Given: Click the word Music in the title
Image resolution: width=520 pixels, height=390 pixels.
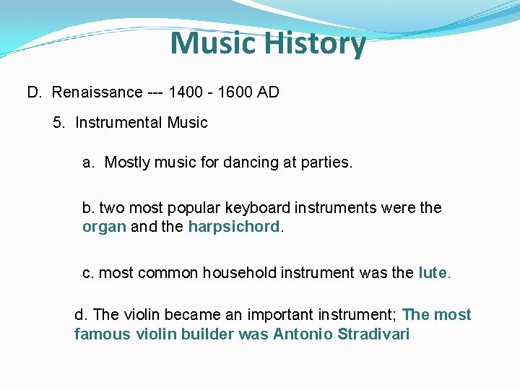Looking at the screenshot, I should click(x=214, y=43).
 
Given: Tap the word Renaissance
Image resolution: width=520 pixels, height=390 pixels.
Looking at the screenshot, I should click(x=97, y=92).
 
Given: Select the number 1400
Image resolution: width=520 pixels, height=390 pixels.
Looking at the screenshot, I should click(x=184, y=92).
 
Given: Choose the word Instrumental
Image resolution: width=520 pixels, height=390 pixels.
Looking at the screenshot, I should click(x=118, y=123).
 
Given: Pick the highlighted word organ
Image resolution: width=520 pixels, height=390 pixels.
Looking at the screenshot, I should click(x=105, y=227).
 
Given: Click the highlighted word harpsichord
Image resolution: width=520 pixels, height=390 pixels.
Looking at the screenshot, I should click(x=233, y=227).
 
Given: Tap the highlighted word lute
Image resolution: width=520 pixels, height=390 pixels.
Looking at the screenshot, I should click(x=433, y=274).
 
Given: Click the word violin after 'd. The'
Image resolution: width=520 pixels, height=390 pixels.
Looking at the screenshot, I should click(x=144, y=315).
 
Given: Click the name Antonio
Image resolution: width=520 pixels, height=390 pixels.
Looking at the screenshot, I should click(x=303, y=334).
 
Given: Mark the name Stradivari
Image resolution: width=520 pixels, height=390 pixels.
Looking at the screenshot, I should click(x=373, y=334).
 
